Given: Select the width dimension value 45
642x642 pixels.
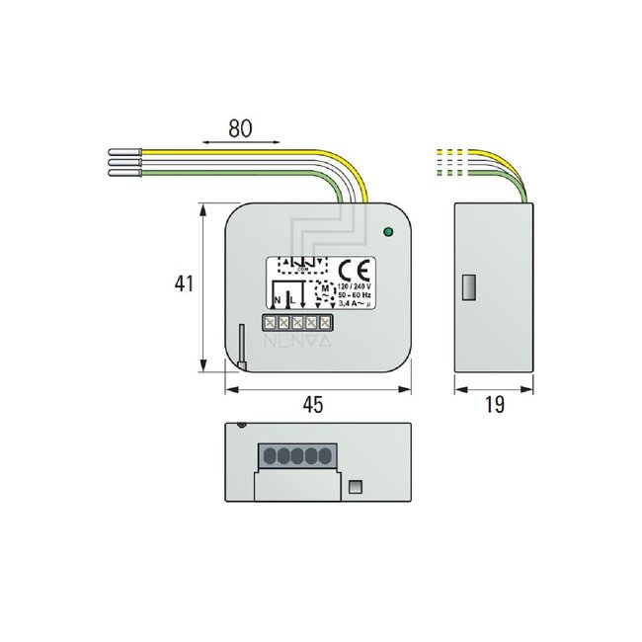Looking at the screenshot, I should pyautogui.click(x=312, y=405).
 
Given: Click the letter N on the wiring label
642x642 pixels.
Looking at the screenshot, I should pyautogui.click(x=277, y=298).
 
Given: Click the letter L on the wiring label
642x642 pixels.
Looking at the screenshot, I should pyautogui.click(x=290, y=298).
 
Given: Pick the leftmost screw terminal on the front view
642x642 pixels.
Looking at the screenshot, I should pyautogui.click(x=270, y=321).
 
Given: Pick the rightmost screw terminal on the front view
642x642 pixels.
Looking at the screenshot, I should pyautogui.click(x=324, y=321).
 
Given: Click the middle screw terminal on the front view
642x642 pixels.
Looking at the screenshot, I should pyautogui.click(x=296, y=321).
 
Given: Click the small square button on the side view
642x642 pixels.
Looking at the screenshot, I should pyautogui.click(x=469, y=286).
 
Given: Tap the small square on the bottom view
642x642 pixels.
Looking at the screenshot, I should pyautogui.click(x=358, y=486).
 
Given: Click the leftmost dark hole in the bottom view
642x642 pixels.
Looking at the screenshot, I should pyautogui.click(x=268, y=456).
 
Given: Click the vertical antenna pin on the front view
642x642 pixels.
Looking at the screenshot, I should pyautogui.click(x=240, y=346).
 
